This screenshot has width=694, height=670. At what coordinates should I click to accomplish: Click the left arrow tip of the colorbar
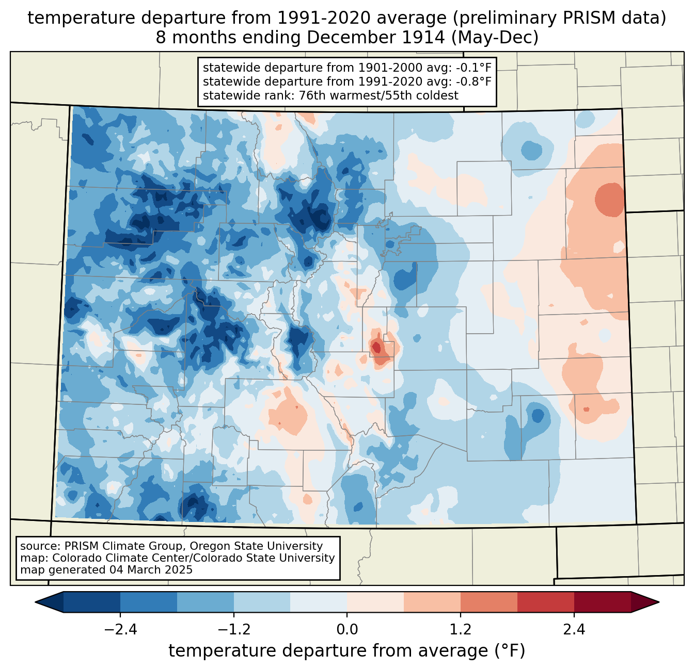click(x=35, y=602)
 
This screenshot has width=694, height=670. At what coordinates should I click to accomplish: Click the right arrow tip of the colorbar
click(x=659, y=602)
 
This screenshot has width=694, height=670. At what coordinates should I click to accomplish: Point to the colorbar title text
click(x=347, y=651)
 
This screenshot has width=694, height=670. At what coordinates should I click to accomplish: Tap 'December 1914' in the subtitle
click(x=375, y=38)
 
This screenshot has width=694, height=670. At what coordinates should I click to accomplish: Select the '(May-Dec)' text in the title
click(x=495, y=38)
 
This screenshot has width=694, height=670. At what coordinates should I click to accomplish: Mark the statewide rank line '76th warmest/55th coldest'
click(x=378, y=95)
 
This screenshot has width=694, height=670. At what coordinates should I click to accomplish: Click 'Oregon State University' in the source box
click(x=256, y=546)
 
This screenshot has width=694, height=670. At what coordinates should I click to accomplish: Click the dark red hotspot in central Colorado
click(x=376, y=346)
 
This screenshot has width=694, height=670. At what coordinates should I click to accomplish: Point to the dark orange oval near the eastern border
click(x=609, y=200)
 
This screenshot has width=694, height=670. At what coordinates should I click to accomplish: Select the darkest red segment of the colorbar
click(x=603, y=602)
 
